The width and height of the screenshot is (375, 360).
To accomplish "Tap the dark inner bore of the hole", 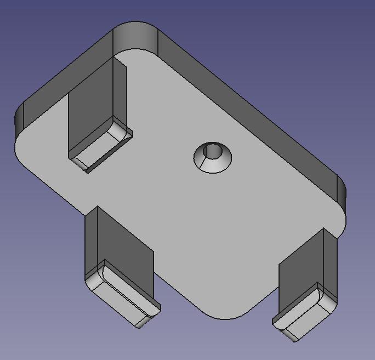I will click(x=213, y=150).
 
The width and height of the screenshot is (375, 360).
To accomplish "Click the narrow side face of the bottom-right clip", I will click(x=330, y=263).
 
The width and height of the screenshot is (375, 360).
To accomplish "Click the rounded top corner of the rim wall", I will click(x=134, y=36).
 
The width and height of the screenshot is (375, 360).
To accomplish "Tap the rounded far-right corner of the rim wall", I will click(x=340, y=192).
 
